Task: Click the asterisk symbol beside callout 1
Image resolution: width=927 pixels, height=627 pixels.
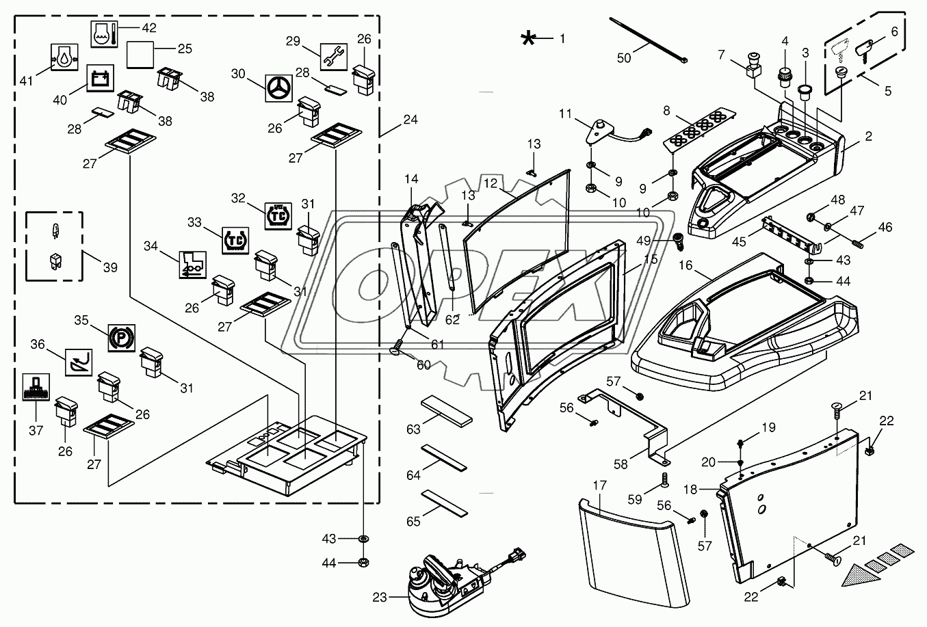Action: pos(528,38)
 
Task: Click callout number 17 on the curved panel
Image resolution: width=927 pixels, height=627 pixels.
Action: pos(599,486)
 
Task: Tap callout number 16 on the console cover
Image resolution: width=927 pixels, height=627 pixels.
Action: pos(686,265)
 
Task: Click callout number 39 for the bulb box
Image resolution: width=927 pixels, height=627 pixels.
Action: pos(110,267)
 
